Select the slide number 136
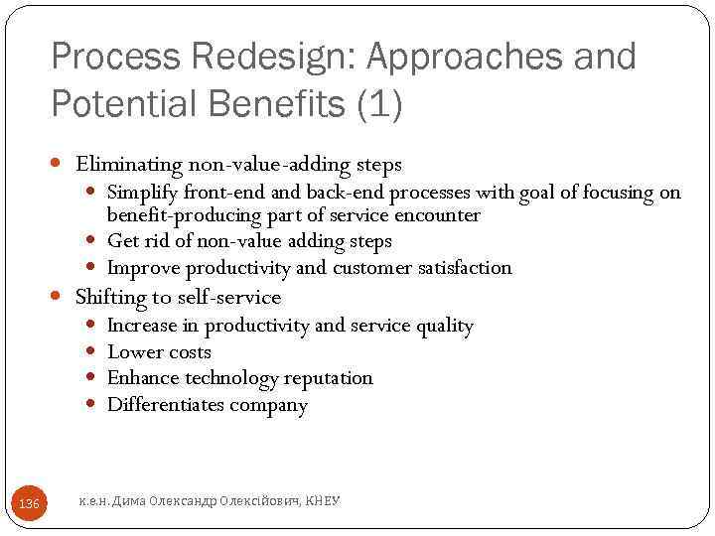(30, 504)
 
